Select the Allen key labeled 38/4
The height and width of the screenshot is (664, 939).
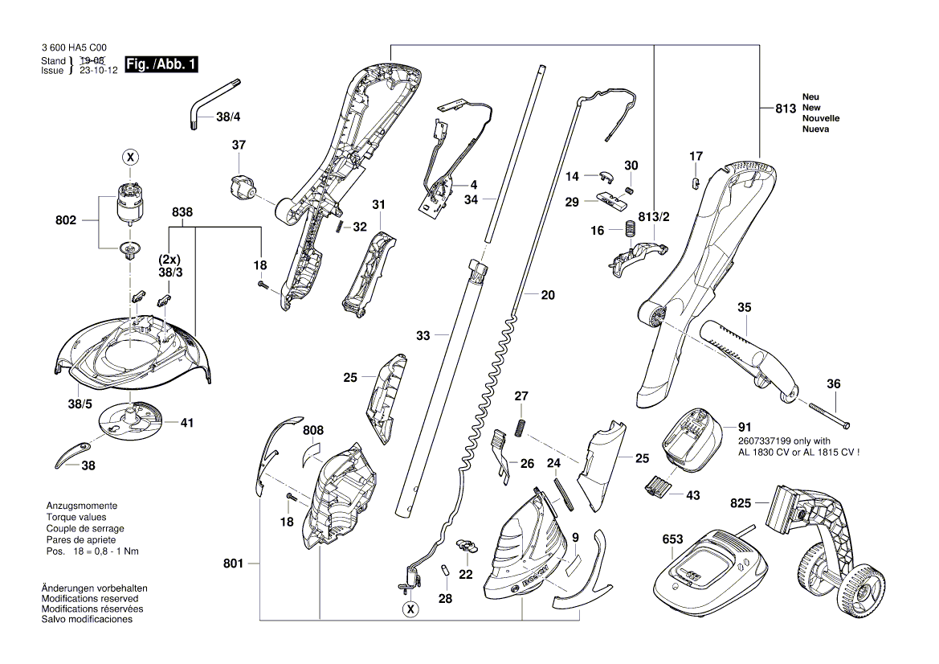(208, 102)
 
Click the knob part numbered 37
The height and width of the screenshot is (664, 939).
(240, 187)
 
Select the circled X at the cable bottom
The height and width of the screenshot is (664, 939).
(410, 609)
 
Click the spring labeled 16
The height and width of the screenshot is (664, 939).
(627, 230)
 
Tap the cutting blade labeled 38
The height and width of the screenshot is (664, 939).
(70, 455)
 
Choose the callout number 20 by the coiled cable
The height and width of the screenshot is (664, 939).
(547, 295)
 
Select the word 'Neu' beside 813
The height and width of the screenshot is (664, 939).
(810, 96)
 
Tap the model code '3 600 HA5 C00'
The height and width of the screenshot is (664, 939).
(74, 49)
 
